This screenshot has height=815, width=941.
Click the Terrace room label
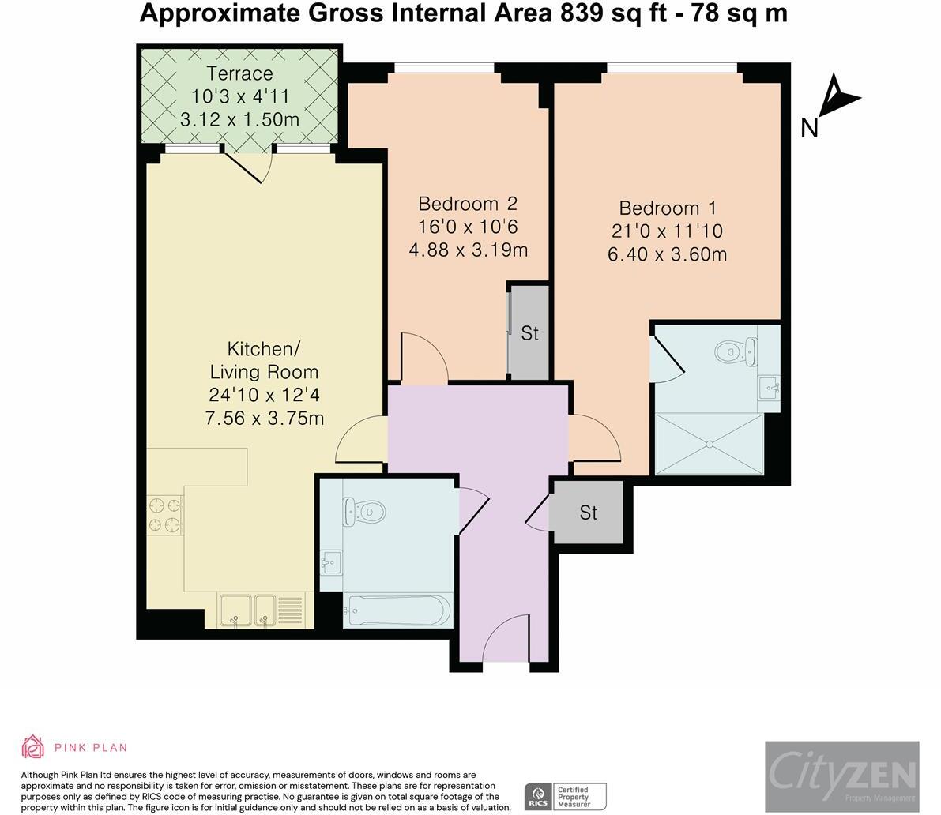pyautogui.click(x=239, y=73)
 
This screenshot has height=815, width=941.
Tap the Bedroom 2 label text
pyautogui.click(x=468, y=204)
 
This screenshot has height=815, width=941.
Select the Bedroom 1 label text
pyautogui.click(x=668, y=208)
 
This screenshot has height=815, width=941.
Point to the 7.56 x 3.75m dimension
pyautogui.click(x=265, y=418)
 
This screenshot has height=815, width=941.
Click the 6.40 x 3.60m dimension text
pyautogui.click(x=668, y=254)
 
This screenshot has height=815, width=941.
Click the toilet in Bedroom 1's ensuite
pyautogui.click(x=736, y=351)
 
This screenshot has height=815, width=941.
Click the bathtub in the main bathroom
pyautogui.click(x=397, y=610)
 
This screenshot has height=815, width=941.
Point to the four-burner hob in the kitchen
pyautogui.click(x=166, y=515)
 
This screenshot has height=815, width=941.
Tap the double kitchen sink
pyautogui.click(x=248, y=610)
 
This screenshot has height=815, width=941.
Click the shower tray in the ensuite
pyautogui.click(x=710, y=444)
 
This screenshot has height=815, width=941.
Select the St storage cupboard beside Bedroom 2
pyautogui.click(x=529, y=332)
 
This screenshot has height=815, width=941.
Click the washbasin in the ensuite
pyautogui.click(x=769, y=388)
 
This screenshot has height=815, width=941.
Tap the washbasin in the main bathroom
pyautogui.click(x=331, y=562)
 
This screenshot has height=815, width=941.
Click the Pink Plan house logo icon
pyautogui.click(x=33, y=746)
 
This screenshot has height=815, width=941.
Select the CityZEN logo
pyautogui.click(x=842, y=776)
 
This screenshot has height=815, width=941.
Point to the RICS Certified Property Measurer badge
pyautogui.click(x=566, y=797)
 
